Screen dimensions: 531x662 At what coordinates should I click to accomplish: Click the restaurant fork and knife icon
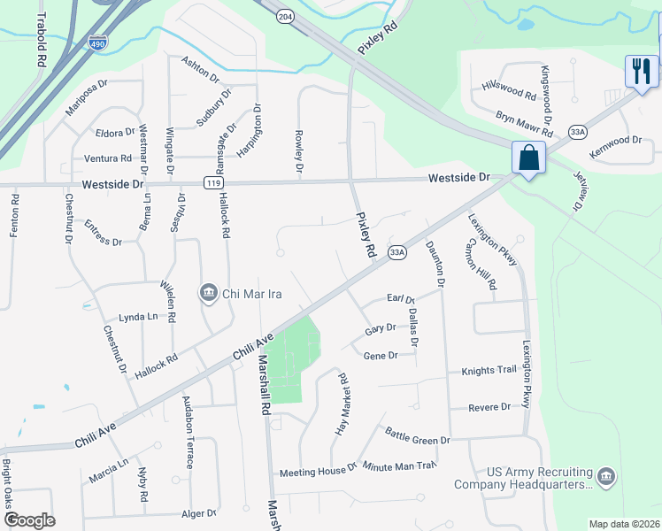pos(642,71)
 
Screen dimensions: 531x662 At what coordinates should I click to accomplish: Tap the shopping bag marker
pos(528,158)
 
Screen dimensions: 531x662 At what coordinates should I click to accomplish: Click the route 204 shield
pos(282,16)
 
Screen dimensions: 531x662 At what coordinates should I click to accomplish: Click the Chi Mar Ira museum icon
pos(209,292)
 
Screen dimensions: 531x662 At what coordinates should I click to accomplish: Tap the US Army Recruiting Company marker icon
pos(606,477)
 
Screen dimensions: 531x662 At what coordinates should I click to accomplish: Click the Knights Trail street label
pos(488,370)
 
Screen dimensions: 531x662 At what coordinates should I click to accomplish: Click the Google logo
pos(29,519)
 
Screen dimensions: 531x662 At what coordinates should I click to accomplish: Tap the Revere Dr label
pos(493,407)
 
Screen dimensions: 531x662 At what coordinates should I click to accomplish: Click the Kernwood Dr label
pos(615,141)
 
